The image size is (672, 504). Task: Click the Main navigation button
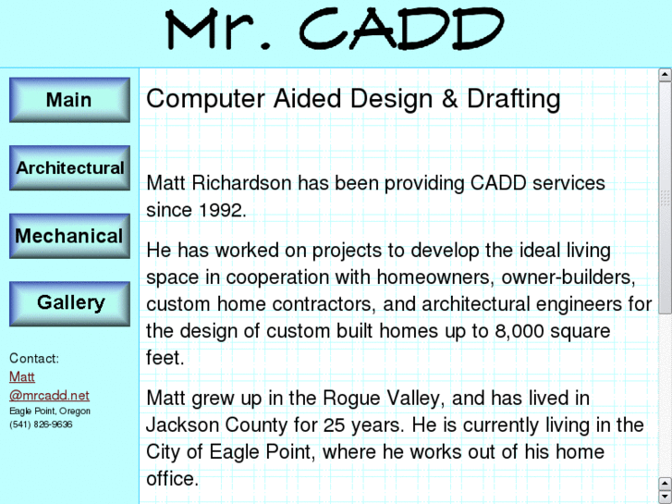pos(69,100)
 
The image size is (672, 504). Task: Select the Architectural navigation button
pos(69,168)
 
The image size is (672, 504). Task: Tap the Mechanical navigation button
pos(69,237)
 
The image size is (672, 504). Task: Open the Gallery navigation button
pos(69,303)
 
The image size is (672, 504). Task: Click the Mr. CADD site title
pos(335,32)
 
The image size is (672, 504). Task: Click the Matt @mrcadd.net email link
pos(48,387)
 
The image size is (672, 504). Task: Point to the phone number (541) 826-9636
pos(41,424)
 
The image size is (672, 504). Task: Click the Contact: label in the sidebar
pos(34,359)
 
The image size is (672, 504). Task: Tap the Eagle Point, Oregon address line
pos(50,411)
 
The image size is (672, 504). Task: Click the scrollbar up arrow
pos(665,75)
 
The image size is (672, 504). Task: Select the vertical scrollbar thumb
pos(665,198)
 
